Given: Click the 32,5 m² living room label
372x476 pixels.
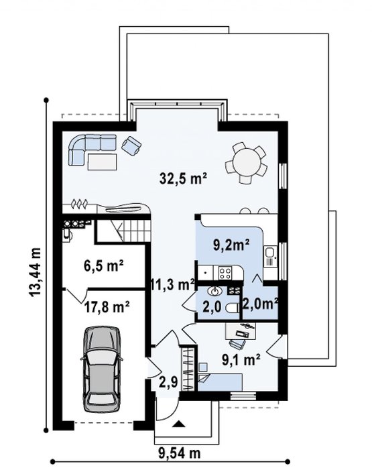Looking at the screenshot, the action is (183, 179).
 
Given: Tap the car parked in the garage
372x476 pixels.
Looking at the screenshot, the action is (102, 369).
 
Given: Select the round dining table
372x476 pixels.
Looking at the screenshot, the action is (246, 164).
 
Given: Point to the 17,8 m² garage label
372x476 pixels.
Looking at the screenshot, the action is (107, 307).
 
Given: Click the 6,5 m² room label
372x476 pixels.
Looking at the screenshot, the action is (103, 265).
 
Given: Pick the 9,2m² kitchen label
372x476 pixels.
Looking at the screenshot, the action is (231, 245).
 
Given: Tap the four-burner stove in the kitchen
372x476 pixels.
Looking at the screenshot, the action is (225, 272).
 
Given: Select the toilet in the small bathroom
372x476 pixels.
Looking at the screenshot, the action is (233, 309).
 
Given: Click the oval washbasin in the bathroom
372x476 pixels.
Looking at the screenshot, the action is (215, 292).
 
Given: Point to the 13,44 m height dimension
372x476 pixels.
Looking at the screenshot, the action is (35, 272).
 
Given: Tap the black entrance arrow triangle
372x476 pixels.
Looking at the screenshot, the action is (178, 424).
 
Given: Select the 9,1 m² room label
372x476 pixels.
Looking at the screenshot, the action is (241, 360).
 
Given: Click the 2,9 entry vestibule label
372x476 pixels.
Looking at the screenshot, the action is (168, 382).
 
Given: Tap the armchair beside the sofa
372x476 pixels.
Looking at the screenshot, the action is (131, 145).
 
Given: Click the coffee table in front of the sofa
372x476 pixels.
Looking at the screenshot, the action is (102, 162).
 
